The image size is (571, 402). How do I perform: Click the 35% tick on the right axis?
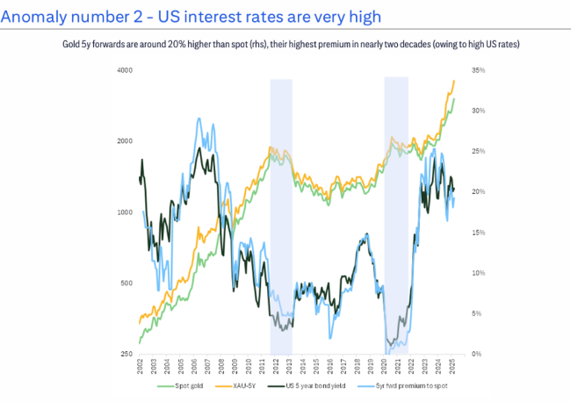pyautogui.click(x=479, y=70)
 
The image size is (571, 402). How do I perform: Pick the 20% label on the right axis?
pyautogui.click(x=479, y=191)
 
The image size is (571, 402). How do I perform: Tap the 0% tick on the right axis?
pyautogui.click(x=477, y=354)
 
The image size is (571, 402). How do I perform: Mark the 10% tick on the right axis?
pyautogui.click(x=479, y=273)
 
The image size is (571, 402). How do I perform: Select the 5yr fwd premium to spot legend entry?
pyautogui.click(x=413, y=386)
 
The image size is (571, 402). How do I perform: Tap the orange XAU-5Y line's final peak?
pyautogui.click(x=453, y=81)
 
